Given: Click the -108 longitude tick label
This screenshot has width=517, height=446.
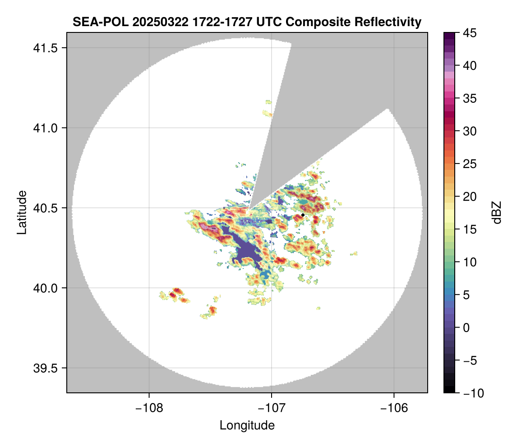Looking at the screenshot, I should (x=148, y=408).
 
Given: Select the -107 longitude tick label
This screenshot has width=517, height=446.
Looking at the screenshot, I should (x=272, y=408).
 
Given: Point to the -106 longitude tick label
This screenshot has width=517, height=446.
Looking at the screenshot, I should (x=394, y=408).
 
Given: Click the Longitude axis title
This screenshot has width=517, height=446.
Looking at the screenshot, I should (x=247, y=425).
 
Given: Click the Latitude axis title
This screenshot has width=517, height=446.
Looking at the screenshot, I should (x=22, y=212).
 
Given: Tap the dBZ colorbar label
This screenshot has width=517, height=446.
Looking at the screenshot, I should (x=497, y=213).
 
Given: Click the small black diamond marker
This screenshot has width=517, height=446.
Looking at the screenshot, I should (x=303, y=215).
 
